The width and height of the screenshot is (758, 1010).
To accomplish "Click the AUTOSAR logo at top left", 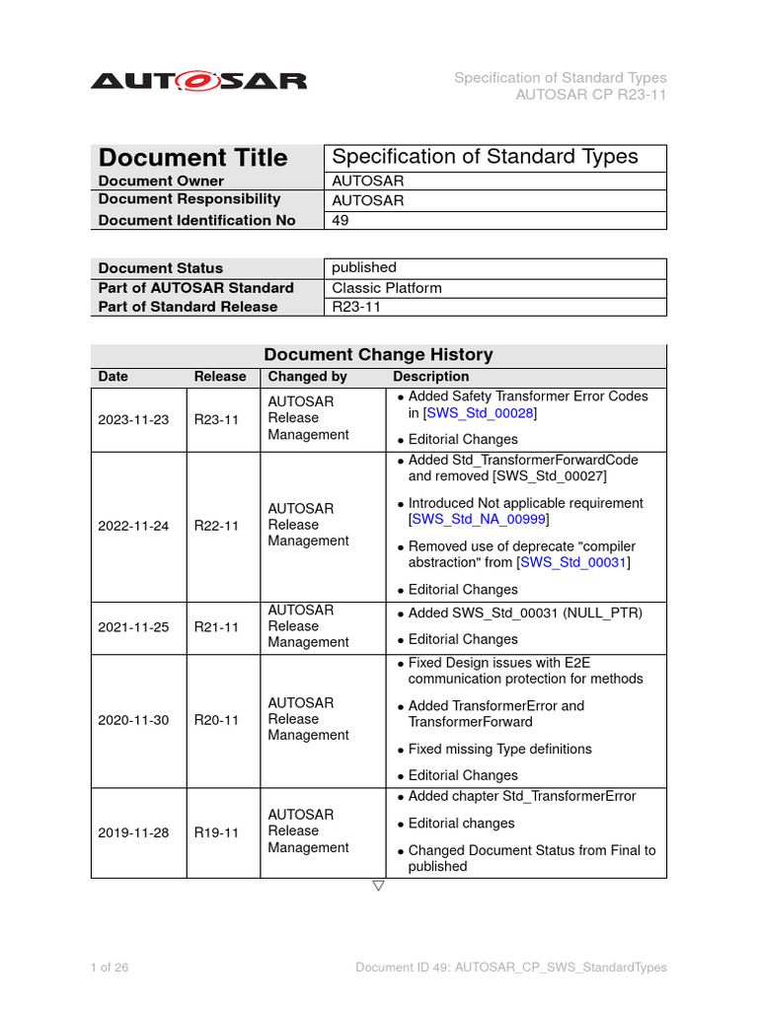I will tap(199, 81).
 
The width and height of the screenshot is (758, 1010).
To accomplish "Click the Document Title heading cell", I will tap(193, 158).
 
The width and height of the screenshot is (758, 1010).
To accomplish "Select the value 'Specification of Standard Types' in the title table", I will tap(485, 157).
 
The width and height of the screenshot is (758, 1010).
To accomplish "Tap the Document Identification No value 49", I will tap(341, 220).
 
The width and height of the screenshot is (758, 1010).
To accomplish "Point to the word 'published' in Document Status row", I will tap(364, 267).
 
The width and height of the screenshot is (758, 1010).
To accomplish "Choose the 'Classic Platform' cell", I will tap(387, 288).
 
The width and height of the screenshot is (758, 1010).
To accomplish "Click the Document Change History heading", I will tap(379, 355).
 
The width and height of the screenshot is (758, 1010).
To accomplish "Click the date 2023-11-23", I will tap(133, 419).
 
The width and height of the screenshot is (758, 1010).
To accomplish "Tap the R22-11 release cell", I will tap(216, 526).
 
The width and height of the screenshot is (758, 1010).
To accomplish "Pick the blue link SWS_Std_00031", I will tap(573, 562).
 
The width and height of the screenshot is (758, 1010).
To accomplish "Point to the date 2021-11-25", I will tap(133, 626).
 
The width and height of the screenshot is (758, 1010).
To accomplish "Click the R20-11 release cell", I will tap(216, 720).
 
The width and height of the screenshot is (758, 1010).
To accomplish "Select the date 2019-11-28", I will tap(133, 832).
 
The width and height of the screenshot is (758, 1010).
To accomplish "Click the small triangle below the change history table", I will tap(378, 886).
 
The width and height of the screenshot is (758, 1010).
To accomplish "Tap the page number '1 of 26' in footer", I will tap(110, 968).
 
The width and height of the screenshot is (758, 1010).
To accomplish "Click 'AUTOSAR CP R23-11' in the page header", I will tap(591, 95).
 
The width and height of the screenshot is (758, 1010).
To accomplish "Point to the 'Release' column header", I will tap(220, 377).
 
